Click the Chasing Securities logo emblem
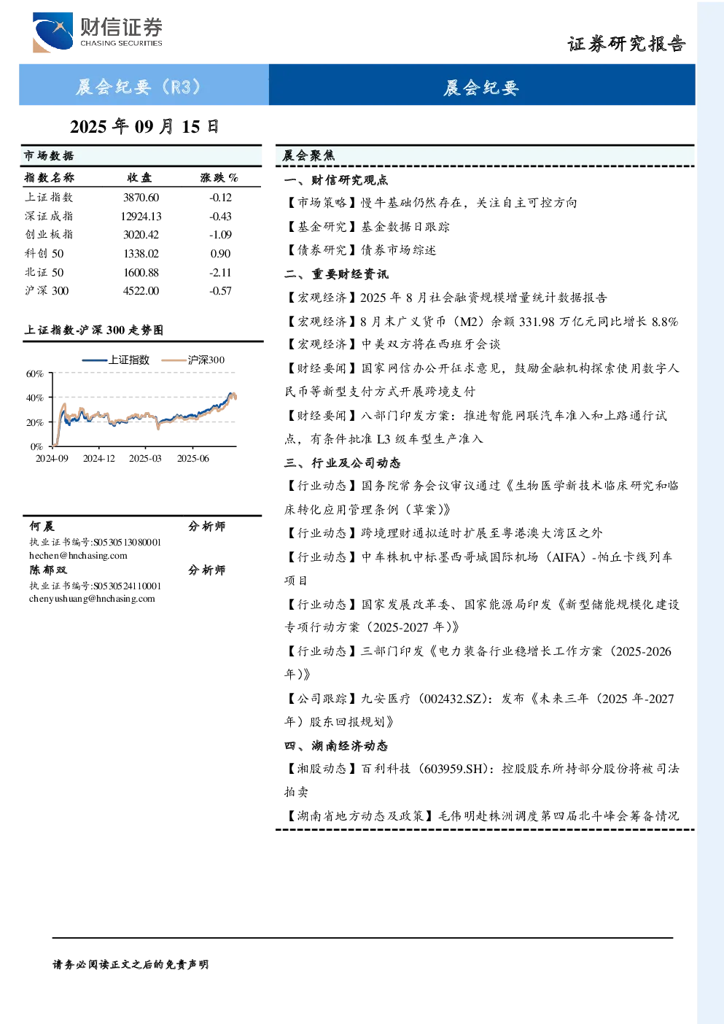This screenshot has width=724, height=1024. click(x=52, y=32)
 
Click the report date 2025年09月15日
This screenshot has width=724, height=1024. click(x=144, y=127)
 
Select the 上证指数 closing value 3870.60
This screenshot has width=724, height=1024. click(x=141, y=198)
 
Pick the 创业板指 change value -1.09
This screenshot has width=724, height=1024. click(x=220, y=235)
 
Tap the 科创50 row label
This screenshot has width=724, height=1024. click(x=44, y=253)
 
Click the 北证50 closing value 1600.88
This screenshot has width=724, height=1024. click(x=141, y=273)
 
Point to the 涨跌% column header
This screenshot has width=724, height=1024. click(x=219, y=178)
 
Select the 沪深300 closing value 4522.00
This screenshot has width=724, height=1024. click(x=141, y=291)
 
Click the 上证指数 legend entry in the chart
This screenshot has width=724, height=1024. click(x=116, y=360)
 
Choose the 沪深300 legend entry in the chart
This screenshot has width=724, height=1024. click(x=193, y=360)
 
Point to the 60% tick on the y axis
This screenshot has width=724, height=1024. click(x=35, y=373)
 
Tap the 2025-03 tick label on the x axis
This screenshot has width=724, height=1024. click(x=145, y=458)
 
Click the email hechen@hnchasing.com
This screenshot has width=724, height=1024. click(x=78, y=556)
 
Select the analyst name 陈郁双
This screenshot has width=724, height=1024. click(x=48, y=570)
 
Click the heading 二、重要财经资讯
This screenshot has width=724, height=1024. click(x=336, y=274)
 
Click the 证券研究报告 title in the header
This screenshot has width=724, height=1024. click(x=626, y=44)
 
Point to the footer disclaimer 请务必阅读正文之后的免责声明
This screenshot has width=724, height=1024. click(x=131, y=965)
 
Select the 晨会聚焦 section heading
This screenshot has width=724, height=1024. click(x=308, y=156)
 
